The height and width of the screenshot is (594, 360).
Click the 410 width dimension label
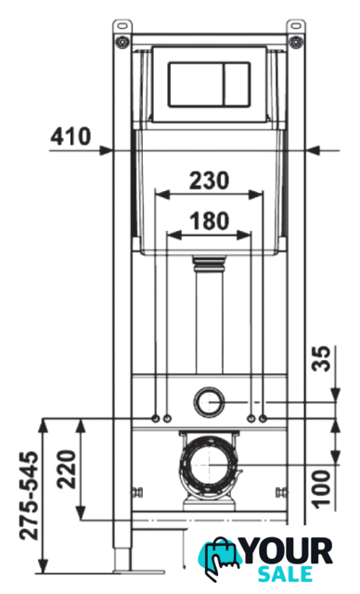coord(71,136)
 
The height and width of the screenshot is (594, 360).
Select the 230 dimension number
coord(210,181)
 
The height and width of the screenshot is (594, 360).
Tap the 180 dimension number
coord(210,221)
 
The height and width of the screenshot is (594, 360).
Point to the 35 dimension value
coord(321,359)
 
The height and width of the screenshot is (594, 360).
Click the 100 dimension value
coord(321,489)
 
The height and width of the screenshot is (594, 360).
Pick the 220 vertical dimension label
coord(67,469)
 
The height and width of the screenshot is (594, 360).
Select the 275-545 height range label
coord(30,496)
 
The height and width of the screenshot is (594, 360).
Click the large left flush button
coord(196,84)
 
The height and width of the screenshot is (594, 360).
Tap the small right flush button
coord(237,84)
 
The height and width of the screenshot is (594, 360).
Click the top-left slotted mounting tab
coord(122,27)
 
